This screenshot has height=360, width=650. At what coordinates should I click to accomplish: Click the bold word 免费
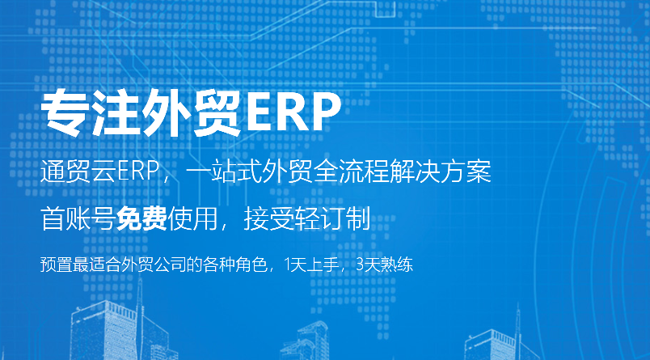141,218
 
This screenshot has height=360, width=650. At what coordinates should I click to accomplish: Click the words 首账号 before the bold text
78,218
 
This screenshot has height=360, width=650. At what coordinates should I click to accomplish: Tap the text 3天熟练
384,265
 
